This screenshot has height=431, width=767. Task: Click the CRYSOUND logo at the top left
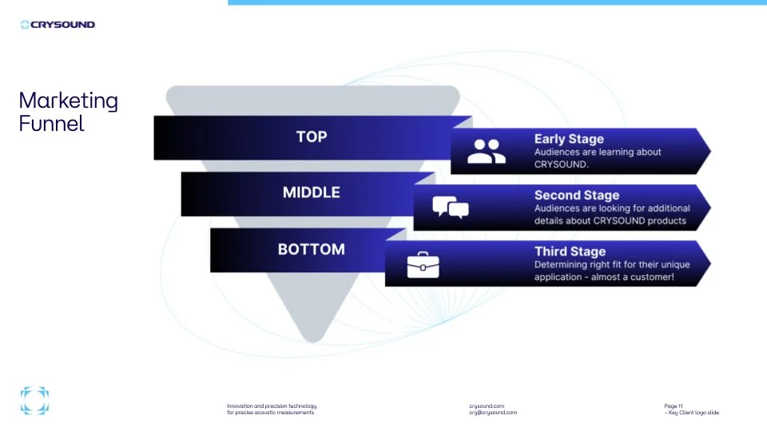click(x=58, y=25)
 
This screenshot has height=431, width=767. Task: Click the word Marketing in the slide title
click(x=68, y=101)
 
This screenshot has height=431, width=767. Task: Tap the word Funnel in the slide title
click(x=51, y=124)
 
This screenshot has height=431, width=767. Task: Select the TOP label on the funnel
click(x=312, y=137)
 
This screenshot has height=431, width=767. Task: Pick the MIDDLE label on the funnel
click(x=312, y=193)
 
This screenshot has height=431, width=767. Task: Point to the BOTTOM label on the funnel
click(x=312, y=250)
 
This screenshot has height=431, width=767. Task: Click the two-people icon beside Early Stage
click(x=487, y=151)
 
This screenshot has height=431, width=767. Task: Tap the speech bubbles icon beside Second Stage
click(x=451, y=208)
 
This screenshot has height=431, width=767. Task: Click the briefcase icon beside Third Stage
click(x=423, y=264)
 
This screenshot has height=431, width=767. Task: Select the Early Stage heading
click(x=569, y=139)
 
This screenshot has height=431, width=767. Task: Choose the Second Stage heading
click(x=577, y=196)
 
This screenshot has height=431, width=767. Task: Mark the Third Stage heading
click(x=570, y=252)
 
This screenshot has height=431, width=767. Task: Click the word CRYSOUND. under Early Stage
click(x=561, y=165)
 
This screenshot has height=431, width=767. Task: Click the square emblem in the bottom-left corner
click(x=34, y=401)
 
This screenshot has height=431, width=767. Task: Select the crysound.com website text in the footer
click(x=487, y=406)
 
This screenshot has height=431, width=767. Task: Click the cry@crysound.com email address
click(x=493, y=413)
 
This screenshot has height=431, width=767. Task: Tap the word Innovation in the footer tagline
click(x=240, y=406)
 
